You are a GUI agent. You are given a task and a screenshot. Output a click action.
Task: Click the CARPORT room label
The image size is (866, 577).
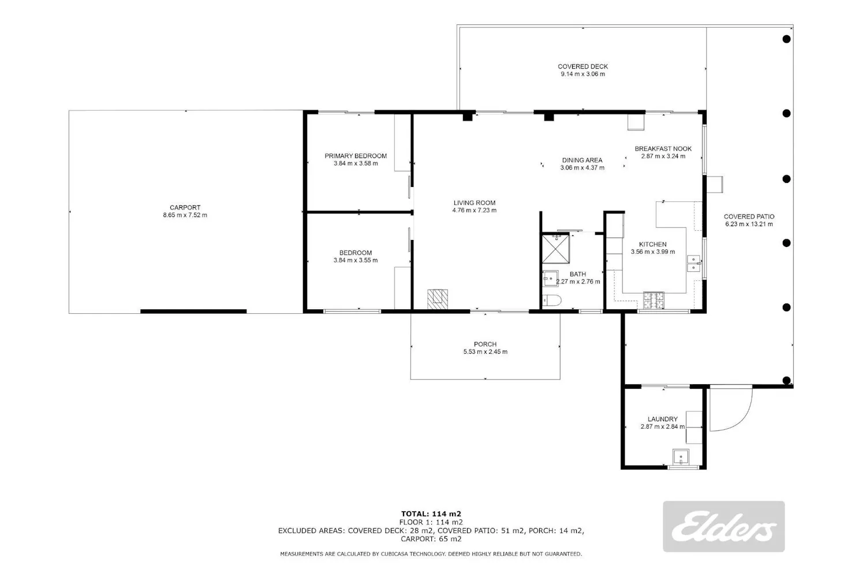(x=185, y=208)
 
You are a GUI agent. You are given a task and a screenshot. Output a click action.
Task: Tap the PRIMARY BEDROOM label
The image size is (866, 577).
(x=356, y=156)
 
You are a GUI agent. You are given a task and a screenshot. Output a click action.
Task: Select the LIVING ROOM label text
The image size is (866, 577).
(x=475, y=203)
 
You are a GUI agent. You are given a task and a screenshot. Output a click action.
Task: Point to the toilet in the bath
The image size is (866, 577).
(x=552, y=300)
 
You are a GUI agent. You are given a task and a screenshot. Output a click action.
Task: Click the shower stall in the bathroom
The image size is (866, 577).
(x=555, y=249)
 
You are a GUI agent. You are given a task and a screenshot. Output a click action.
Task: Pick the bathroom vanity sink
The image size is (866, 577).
(x=550, y=278)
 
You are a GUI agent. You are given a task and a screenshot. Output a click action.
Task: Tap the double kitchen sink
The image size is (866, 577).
(x=693, y=263)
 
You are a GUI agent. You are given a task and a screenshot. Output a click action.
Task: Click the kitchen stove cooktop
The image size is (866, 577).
(x=654, y=300)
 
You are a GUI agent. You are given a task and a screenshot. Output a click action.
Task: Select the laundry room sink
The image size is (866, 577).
(x=681, y=457)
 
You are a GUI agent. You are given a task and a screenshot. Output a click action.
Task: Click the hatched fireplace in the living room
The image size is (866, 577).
(x=438, y=299)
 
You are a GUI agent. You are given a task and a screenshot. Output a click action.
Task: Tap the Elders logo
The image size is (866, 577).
(x=724, y=526)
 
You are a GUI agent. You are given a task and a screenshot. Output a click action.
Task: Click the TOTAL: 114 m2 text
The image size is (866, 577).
(x=431, y=514)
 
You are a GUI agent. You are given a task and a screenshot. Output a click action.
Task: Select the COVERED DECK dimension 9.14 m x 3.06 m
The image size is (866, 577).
(x=583, y=74)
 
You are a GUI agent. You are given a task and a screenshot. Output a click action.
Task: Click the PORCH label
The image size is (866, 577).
(x=485, y=344)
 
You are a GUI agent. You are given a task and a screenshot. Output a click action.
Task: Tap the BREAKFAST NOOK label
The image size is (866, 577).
(x=663, y=149)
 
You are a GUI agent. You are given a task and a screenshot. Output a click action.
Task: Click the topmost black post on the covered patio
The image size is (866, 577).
(x=786, y=39)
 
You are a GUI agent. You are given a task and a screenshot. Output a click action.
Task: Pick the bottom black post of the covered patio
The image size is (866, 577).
(x=786, y=380)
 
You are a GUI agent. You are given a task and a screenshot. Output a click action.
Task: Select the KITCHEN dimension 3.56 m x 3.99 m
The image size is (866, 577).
(x=653, y=252)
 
